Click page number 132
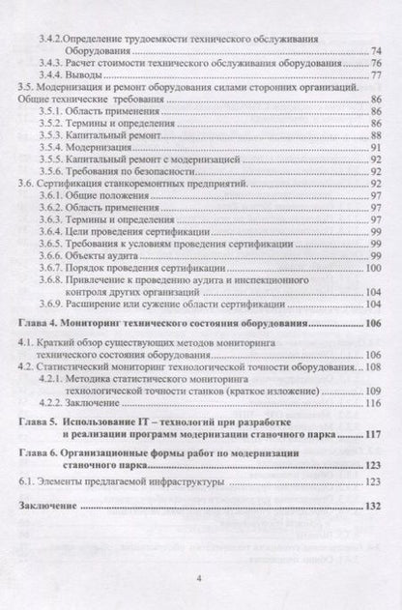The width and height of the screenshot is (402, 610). click(371, 561)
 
